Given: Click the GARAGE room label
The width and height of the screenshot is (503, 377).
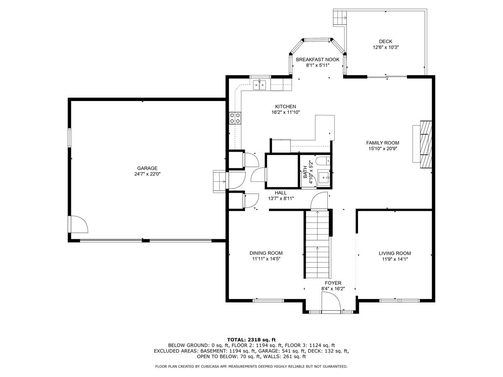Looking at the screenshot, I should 147,168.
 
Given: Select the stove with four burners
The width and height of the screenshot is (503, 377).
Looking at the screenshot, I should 235,118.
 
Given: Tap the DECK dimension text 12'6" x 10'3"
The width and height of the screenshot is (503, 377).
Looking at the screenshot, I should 386,47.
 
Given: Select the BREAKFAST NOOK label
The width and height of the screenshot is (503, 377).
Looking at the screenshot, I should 317,59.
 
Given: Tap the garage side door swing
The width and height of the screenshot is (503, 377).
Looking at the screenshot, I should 78,225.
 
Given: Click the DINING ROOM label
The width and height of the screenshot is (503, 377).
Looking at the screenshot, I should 266,253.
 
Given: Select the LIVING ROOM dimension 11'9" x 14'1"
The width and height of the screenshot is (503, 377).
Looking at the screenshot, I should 394,259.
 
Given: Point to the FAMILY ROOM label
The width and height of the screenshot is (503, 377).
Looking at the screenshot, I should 383,142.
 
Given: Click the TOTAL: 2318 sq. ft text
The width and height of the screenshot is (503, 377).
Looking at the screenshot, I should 251,339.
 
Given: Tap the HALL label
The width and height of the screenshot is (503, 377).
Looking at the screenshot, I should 281,193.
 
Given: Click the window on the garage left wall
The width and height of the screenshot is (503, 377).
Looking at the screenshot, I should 70,137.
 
